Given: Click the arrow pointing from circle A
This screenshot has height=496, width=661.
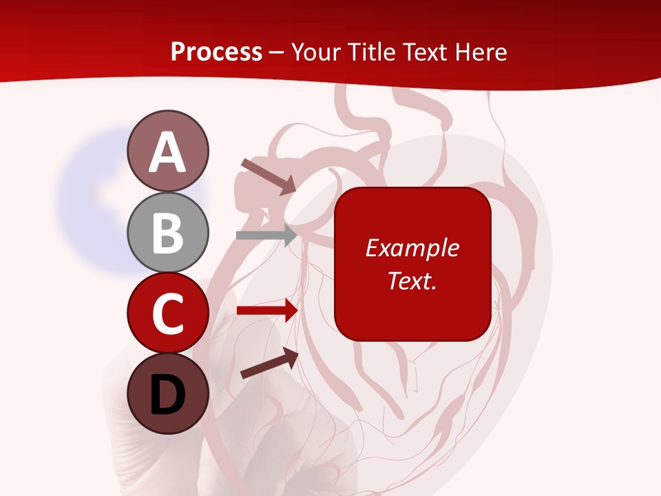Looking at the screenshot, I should [x=269, y=176].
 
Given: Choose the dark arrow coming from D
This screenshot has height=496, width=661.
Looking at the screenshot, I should [x=269, y=363].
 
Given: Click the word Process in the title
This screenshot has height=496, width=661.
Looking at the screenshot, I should [x=216, y=52].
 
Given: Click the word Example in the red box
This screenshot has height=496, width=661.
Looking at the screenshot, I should [x=412, y=248].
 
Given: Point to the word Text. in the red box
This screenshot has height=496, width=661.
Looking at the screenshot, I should [x=412, y=280].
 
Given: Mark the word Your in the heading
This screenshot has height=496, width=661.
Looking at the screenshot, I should [x=317, y=52].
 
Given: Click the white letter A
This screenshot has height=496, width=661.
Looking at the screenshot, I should [x=167, y=153].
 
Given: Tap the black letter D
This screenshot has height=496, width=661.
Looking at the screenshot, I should [x=167, y=395].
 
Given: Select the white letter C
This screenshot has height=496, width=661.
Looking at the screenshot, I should [x=167, y=314].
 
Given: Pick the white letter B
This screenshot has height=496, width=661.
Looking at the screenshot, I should [x=167, y=233].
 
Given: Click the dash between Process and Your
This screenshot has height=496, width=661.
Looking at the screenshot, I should [x=277, y=54].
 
